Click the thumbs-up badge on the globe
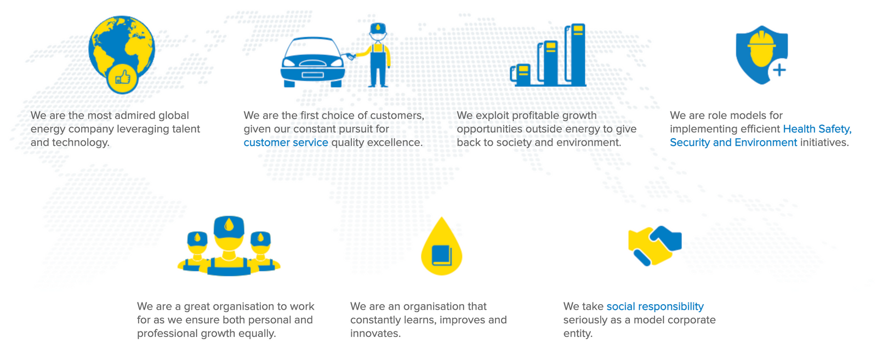point(122,78)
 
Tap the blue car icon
point(313,62)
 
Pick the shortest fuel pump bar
point(521,75)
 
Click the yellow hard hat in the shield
point(761,49)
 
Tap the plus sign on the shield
point(779,71)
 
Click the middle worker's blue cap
point(229,226)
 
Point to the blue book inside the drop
point(442,255)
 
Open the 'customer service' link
point(286,142)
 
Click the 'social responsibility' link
point(655,306)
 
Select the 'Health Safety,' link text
point(817,129)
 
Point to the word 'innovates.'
point(375,333)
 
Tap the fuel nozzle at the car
point(351,56)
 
